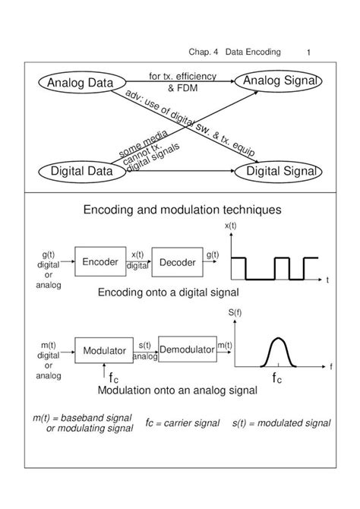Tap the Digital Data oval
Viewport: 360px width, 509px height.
coord(81,172)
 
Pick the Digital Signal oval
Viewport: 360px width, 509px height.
coord(279,172)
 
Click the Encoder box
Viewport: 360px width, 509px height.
coord(100,262)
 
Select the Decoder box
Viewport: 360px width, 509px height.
coord(177,262)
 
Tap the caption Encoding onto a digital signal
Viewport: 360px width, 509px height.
coord(169,292)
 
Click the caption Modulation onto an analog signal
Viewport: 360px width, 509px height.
coord(178,390)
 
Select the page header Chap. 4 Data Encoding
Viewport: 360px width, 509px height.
coord(235,52)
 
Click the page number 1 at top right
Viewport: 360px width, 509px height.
coord(310,52)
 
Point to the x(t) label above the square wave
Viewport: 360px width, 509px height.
coord(230,227)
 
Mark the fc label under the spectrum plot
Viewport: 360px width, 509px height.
coord(276,378)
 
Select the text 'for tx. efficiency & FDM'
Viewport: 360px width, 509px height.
coord(182,81)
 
